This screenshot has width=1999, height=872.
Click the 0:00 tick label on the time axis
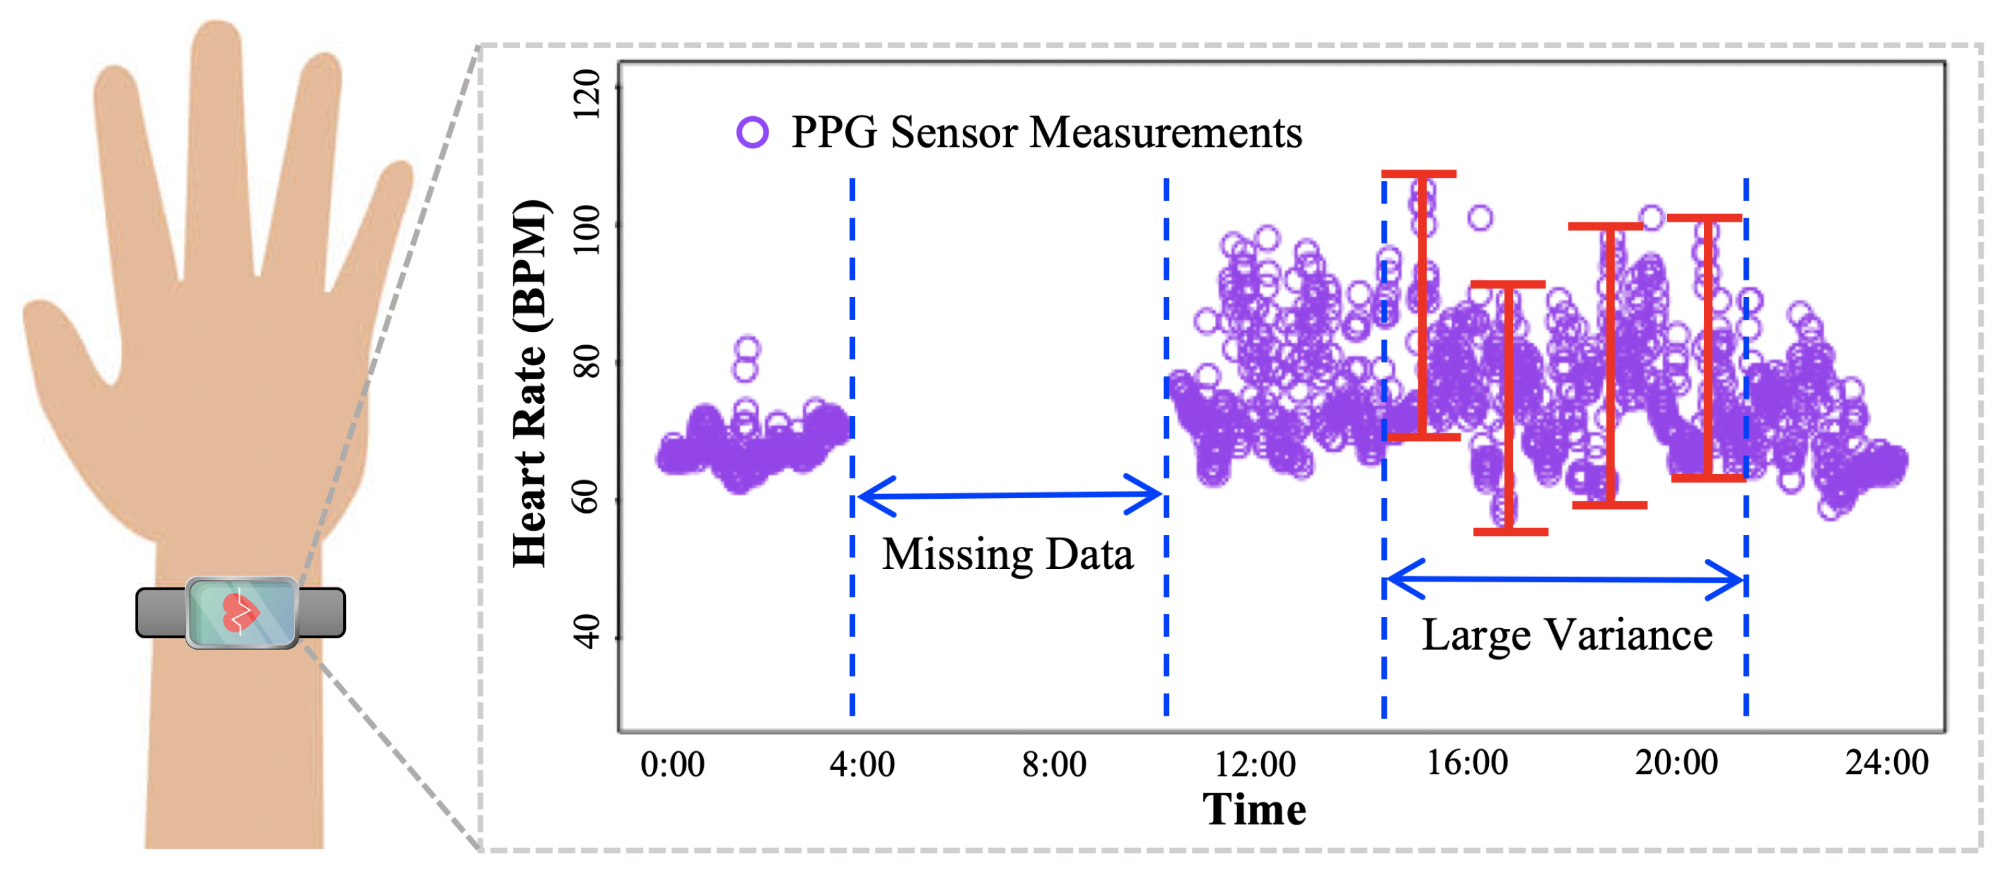(672, 764)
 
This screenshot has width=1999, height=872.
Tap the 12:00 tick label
(1254, 764)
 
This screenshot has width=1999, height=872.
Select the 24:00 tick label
(1886, 762)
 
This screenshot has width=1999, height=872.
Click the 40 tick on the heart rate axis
(588, 632)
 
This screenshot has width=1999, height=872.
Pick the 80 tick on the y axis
(588, 361)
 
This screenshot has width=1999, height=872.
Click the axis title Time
(1254, 810)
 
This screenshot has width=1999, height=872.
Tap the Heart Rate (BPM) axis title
(531, 383)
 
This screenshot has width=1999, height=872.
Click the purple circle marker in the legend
(752, 132)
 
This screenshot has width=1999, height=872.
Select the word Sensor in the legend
(955, 133)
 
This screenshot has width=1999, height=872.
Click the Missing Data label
(1008, 555)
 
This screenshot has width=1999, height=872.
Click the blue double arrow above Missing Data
(1009, 495)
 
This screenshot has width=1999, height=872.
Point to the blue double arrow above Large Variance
(1564, 579)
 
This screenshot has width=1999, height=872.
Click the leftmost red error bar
(1421, 306)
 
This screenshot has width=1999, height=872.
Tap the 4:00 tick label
(861, 764)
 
